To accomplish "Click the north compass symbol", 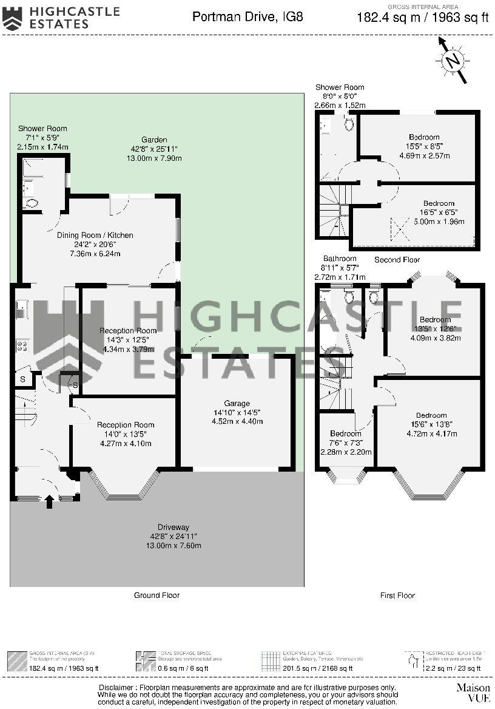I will (x=452, y=60).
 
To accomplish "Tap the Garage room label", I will (x=237, y=403).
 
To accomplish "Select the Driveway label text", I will (x=173, y=527).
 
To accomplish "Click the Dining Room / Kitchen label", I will (x=95, y=235).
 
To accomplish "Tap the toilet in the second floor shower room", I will (x=349, y=124).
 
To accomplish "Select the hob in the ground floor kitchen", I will (x=22, y=347).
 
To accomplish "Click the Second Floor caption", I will (x=397, y=260).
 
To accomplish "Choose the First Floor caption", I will (x=397, y=595).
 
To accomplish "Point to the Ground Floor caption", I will (x=157, y=595).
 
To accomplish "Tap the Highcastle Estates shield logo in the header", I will (x=12, y=18).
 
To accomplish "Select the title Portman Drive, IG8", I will (x=247, y=16).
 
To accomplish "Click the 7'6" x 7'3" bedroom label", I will (x=345, y=433).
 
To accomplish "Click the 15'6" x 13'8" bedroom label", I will (x=431, y=416).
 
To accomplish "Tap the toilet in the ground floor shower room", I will (x=31, y=204).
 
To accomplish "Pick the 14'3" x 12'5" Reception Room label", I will (x=128, y=331).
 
